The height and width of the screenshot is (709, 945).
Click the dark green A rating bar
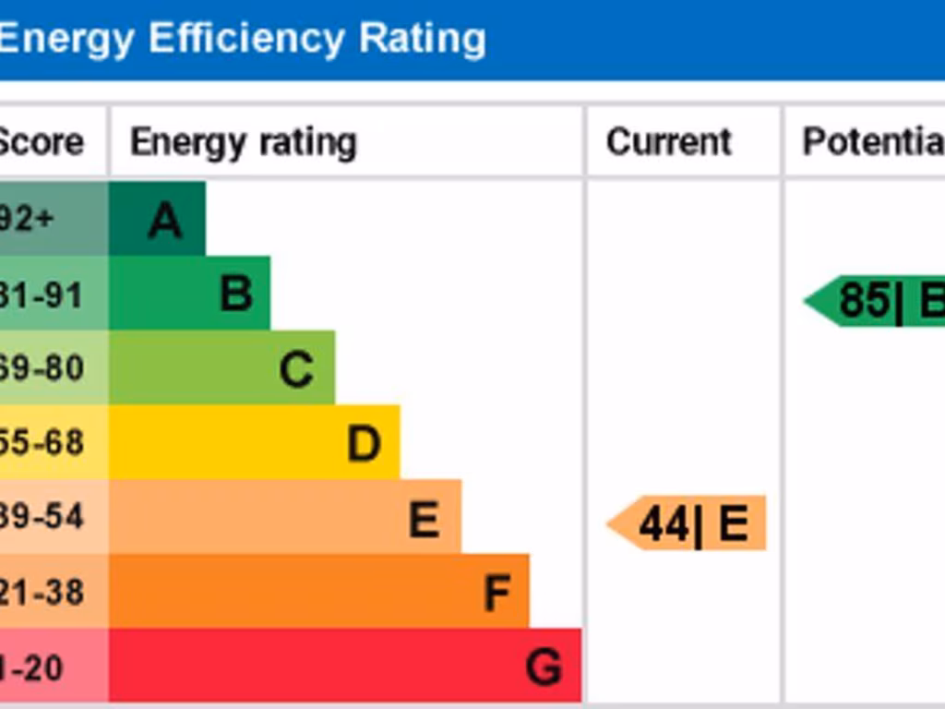coord(157,219)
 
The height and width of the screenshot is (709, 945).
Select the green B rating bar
coord(189,294)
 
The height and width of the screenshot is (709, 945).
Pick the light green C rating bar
coord(221,368)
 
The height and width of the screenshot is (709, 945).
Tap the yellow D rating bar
coord(254,442)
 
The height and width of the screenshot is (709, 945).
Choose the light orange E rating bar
coord(284,517)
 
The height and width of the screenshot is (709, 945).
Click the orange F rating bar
coord(318,592)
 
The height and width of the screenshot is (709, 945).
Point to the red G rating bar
coord(345,666)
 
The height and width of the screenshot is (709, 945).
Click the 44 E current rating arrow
coord(688,523)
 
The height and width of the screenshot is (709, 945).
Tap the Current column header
coord(669,142)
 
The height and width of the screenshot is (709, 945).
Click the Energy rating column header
coord(243,142)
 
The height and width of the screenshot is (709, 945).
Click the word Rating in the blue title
coord(422,39)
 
